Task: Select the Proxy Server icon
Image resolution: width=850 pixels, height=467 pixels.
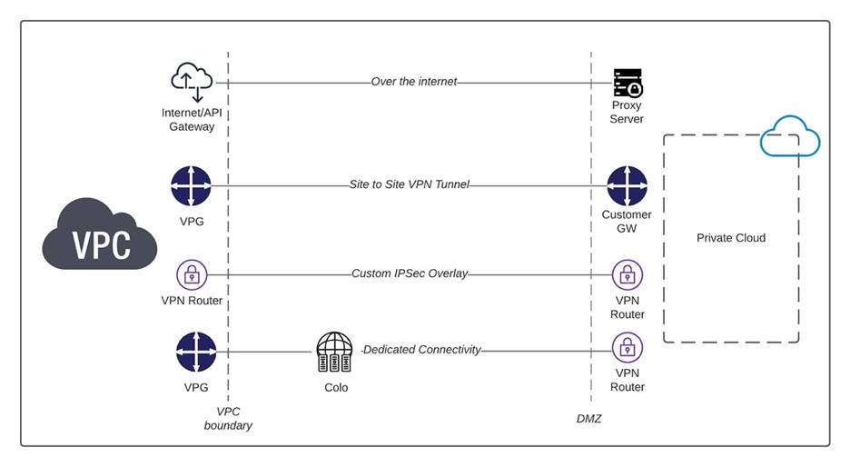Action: pos(627,83)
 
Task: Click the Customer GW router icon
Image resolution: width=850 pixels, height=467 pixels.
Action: pos(627,186)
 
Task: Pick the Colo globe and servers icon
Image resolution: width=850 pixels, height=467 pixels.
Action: pos(334,353)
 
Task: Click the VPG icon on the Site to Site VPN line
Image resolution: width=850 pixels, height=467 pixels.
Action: pos(191,186)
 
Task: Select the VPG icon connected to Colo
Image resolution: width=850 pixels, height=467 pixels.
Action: pos(191,353)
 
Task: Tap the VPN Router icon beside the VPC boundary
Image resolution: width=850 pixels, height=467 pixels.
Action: pos(191,273)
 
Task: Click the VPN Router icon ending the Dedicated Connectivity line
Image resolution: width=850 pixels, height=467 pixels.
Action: pos(627,348)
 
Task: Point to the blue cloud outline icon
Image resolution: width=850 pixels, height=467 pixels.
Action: pos(789,139)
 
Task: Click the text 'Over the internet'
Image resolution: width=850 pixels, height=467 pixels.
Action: pos(413,82)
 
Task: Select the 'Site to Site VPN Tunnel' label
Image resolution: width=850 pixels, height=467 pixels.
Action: pos(409,184)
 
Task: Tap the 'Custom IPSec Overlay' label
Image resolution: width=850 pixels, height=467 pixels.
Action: pos(409,273)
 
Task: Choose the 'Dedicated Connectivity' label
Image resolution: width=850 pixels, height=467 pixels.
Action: pos(421,349)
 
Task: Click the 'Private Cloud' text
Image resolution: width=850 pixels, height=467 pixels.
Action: pos(730,238)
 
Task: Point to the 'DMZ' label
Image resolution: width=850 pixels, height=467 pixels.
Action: pos(589,419)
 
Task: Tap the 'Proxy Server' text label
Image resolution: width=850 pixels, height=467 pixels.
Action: pos(627,113)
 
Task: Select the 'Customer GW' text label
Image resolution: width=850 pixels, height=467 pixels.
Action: pos(627,222)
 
